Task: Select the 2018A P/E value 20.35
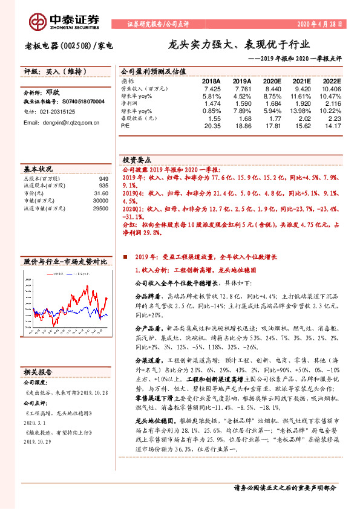click(212, 126)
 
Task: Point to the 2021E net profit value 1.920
click(302, 103)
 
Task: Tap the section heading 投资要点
click(137, 160)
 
